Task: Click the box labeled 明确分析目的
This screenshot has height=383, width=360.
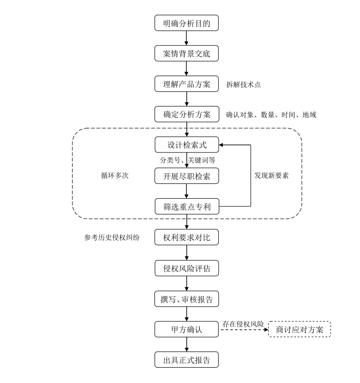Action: (x=186, y=23)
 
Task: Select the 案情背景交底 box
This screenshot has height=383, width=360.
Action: (x=186, y=54)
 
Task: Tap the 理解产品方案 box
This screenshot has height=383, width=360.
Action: (x=186, y=84)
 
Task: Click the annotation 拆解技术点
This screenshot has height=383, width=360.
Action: (x=244, y=84)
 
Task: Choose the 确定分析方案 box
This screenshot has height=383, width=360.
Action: (x=186, y=114)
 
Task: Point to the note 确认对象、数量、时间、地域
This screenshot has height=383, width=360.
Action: (x=271, y=115)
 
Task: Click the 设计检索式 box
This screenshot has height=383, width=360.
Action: (x=186, y=145)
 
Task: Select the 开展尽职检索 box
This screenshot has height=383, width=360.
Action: (x=186, y=176)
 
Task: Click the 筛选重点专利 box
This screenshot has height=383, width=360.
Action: (x=186, y=207)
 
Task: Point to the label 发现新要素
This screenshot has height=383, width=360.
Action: (x=272, y=175)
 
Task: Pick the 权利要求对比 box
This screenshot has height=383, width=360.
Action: (x=186, y=237)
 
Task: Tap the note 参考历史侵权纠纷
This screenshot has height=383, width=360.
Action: (x=112, y=238)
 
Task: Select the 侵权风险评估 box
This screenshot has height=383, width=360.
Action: (x=186, y=268)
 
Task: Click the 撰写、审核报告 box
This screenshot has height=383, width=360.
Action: (x=186, y=299)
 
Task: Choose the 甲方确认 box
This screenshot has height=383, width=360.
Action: (x=186, y=329)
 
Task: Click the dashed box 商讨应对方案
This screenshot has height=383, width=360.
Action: (x=300, y=329)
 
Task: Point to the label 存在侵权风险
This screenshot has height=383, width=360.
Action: (x=243, y=324)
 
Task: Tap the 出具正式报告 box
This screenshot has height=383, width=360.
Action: (x=186, y=360)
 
